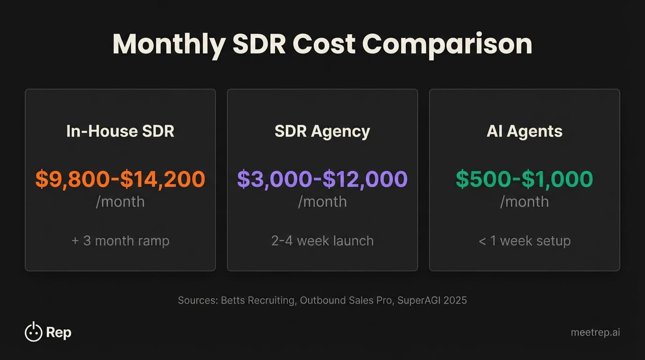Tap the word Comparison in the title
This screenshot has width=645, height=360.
click(447, 44)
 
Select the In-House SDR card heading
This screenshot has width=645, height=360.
click(120, 131)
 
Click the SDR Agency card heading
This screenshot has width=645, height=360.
click(322, 131)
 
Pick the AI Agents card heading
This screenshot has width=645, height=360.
click(525, 131)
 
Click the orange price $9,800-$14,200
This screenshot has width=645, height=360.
click(120, 179)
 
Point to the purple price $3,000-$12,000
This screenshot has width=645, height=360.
click(322, 179)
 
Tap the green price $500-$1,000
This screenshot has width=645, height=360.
click(525, 179)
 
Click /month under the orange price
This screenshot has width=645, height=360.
click(120, 202)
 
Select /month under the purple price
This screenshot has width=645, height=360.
click(322, 202)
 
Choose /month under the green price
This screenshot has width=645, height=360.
click(525, 202)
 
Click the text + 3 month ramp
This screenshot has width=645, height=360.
click(120, 241)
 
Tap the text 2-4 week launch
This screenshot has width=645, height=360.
click(322, 241)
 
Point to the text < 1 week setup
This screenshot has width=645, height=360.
click(525, 241)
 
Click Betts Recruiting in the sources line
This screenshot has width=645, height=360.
click(257, 300)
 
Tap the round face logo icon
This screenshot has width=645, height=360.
click(33, 332)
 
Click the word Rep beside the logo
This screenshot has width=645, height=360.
click(59, 333)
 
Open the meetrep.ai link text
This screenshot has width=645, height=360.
click(595, 332)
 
